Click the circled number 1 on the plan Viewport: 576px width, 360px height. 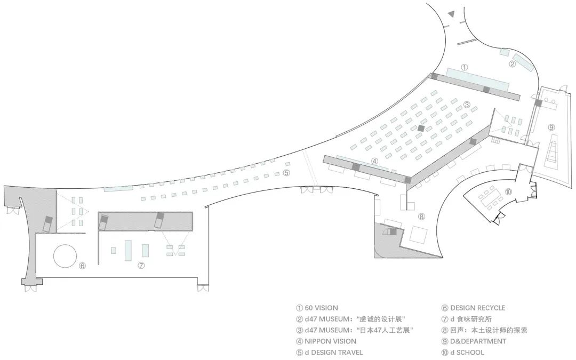coord(465,68)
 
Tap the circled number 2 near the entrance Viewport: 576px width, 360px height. coord(512,65)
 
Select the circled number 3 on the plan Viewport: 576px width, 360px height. coord(467,105)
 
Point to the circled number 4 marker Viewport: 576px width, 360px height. coord(374,161)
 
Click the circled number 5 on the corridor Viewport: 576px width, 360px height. coord(286,172)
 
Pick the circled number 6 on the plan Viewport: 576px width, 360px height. coord(82,265)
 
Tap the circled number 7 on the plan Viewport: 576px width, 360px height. coord(141,265)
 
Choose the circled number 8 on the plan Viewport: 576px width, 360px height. coord(421,217)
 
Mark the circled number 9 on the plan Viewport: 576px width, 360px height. coord(551,127)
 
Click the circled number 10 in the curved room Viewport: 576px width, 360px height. coord(508,191)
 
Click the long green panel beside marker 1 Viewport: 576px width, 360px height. coord(477,79)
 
